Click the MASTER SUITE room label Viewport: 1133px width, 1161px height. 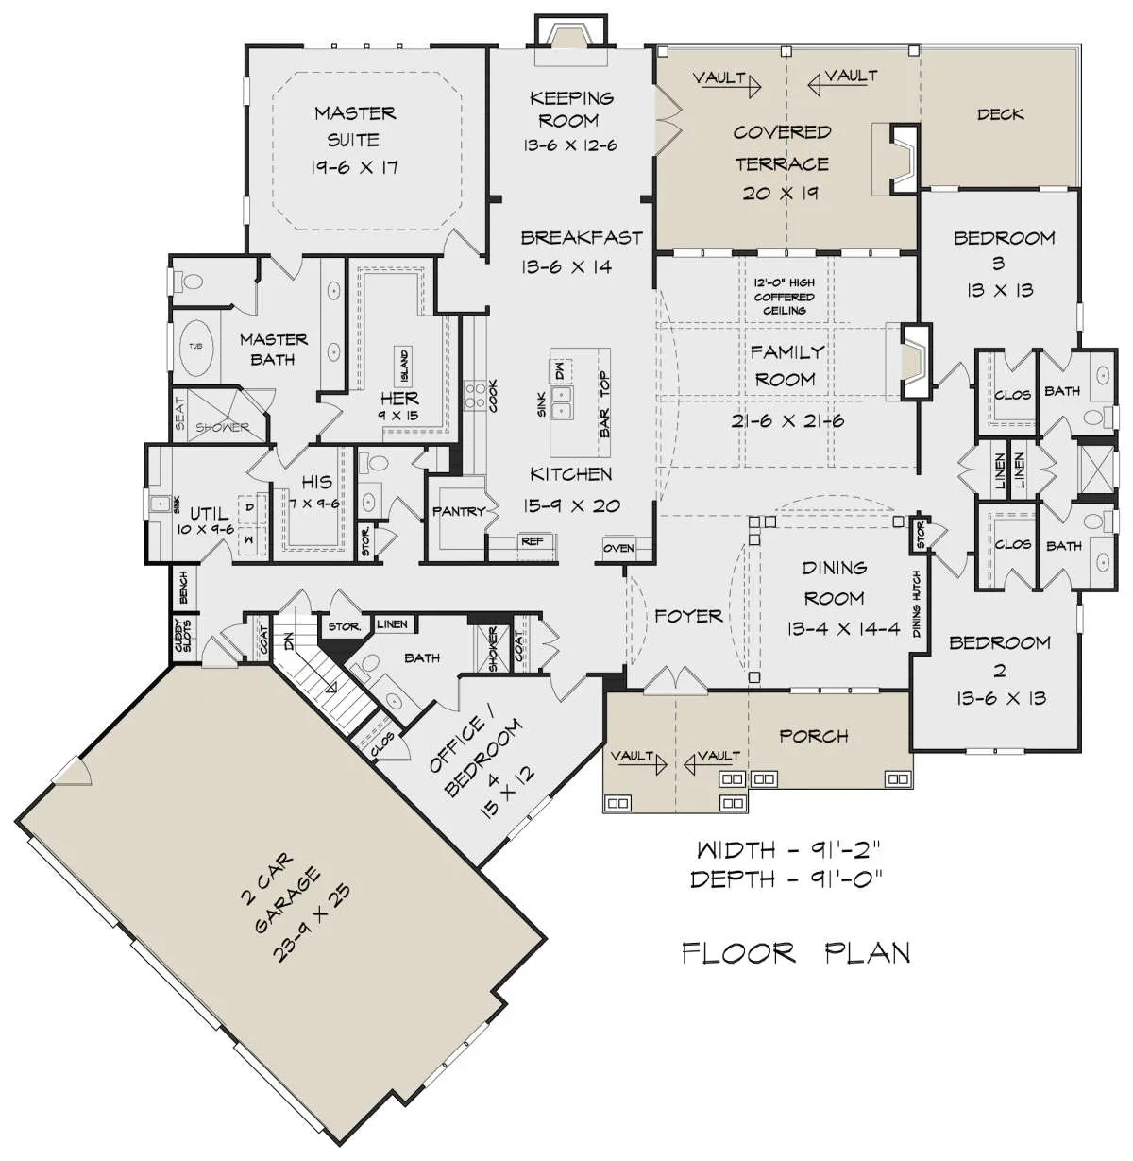pos(354,127)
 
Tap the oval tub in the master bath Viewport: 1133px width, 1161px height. pos(195,348)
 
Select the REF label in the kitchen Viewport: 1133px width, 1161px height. pos(532,541)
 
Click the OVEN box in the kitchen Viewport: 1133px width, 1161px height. pos(618,548)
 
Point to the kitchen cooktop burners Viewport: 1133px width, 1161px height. pos(475,395)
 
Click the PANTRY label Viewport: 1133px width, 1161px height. pos(459,511)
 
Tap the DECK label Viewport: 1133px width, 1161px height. pos(1000,114)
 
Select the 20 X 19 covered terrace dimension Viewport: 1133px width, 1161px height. pos(780,194)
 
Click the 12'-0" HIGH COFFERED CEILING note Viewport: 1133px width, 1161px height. pos(784,297)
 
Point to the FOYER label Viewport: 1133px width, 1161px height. pos(688,616)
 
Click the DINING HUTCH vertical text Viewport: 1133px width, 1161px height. pos(916,603)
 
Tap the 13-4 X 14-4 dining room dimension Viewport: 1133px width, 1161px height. pos(842,628)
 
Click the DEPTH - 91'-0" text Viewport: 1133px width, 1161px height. pos(786,879)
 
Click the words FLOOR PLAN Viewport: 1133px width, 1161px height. pos(796,953)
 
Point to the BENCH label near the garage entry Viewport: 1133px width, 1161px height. pos(183,587)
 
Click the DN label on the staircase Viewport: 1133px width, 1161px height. pos(290,640)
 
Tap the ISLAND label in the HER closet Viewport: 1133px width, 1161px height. pos(404,366)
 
